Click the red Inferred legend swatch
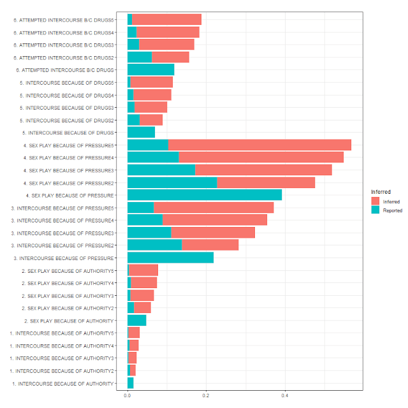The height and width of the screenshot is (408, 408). (375, 201)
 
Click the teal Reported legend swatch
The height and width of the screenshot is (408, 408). (375, 210)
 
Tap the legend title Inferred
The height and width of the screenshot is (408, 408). (381, 191)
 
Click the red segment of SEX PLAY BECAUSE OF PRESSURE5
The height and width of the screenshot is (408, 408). (259, 145)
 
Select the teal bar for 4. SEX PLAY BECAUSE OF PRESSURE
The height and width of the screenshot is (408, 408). (204, 194)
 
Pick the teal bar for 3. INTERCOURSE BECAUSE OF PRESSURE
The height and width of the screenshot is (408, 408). (170, 258)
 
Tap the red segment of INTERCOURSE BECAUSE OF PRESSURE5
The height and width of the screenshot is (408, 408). (214, 208)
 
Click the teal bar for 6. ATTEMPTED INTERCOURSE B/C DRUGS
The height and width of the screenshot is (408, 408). (150, 69)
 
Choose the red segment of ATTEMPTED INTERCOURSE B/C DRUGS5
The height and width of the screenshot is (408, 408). (166, 20)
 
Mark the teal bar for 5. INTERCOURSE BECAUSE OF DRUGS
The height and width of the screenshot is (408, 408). (141, 133)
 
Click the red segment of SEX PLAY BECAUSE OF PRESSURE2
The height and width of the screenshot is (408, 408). (266, 182)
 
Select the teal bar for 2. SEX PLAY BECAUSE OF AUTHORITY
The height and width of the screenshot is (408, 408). (136, 320)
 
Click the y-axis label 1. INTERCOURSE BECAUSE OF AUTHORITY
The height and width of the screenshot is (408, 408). (62, 383)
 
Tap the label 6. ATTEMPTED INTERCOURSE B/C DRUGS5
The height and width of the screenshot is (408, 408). (64, 20)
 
